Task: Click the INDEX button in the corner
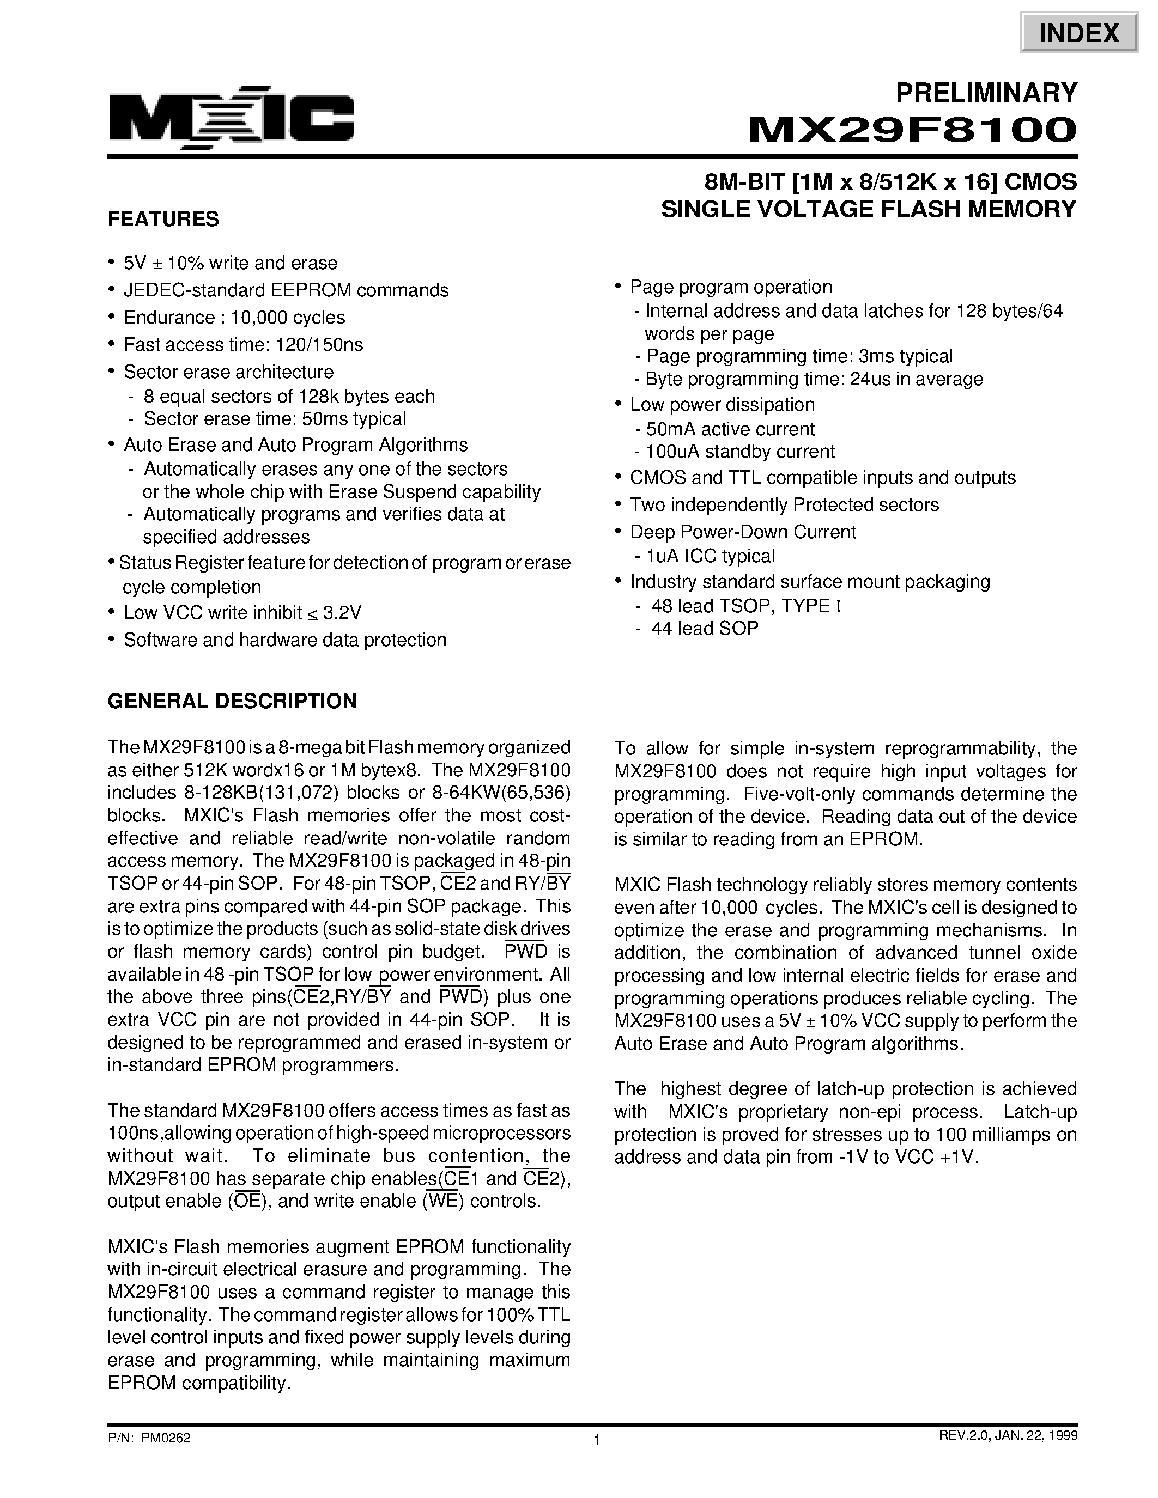pos(1078,32)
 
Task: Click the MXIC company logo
pos(231,118)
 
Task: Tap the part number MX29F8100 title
pos(912,130)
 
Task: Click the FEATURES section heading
pos(163,220)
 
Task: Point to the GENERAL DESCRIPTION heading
pos(232,701)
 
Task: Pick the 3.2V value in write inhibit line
pos(342,612)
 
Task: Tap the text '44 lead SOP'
pos(705,628)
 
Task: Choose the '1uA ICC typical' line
pos(710,556)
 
